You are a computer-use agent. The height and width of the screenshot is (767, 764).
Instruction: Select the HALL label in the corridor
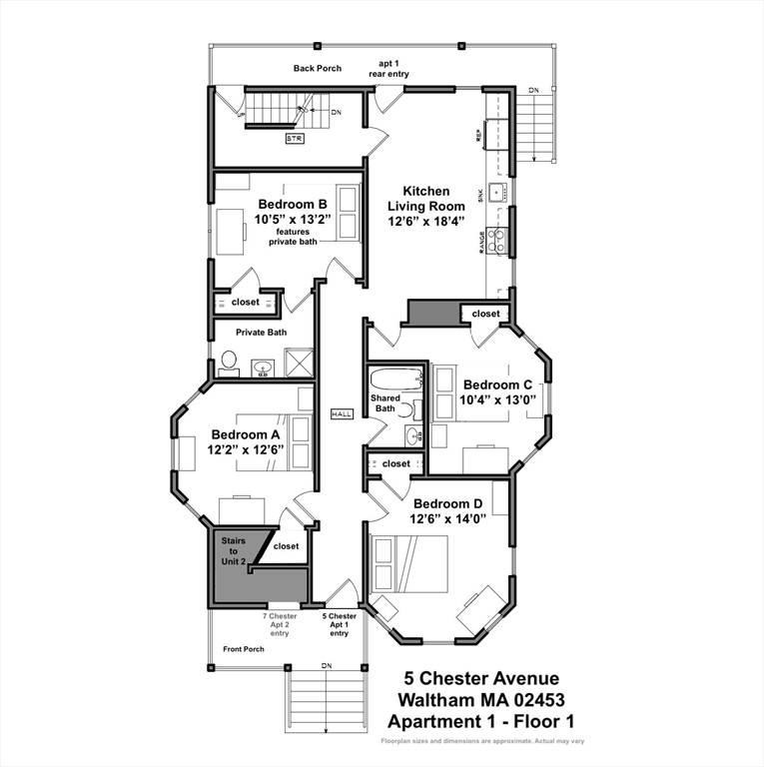click(x=342, y=412)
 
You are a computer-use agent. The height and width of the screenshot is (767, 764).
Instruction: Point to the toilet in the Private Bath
click(x=228, y=362)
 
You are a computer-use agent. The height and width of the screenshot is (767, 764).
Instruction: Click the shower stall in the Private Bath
click(x=300, y=361)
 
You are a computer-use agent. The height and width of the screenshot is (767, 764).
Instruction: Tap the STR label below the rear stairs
click(x=294, y=138)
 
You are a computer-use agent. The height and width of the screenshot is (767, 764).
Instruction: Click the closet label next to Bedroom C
click(x=485, y=314)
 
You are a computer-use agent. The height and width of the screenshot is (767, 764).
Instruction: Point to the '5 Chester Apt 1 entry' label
click(x=339, y=624)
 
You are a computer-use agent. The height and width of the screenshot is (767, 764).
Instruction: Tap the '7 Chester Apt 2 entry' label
click(x=280, y=624)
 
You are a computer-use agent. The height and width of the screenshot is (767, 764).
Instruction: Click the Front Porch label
click(x=244, y=649)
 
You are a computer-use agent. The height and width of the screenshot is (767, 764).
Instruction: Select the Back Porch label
click(x=318, y=69)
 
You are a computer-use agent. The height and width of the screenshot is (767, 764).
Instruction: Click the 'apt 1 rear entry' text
click(x=393, y=69)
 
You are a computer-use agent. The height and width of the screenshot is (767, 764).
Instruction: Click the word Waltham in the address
click(x=438, y=699)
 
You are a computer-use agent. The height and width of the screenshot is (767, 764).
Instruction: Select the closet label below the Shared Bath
click(x=395, y=463)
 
